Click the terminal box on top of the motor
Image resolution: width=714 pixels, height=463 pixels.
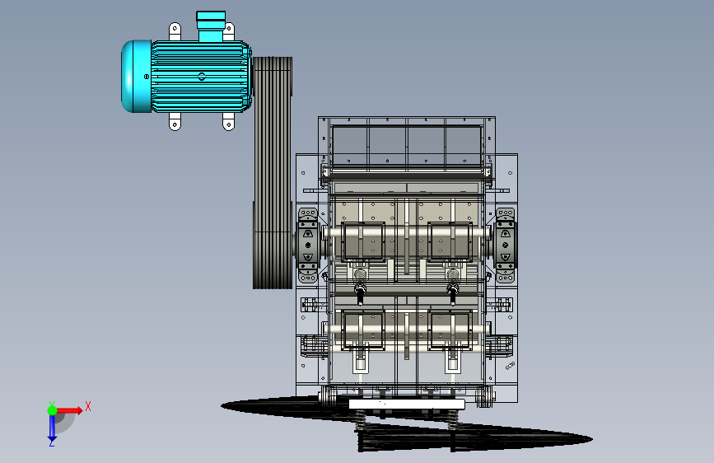pos(211,26)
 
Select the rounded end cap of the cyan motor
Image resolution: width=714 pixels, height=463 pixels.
pos(136,76)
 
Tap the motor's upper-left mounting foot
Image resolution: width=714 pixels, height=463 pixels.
pos(175,31)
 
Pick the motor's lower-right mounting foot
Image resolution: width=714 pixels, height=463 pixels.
pos(229,122)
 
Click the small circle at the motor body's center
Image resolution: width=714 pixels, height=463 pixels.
pos(202,77)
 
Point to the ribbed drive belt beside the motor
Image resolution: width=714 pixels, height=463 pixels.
pos(273,173)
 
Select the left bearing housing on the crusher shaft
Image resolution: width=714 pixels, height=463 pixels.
pos(308,246)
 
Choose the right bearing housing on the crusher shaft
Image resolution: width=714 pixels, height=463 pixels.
pos(505,246)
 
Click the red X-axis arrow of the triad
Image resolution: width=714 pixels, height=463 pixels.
pos(69,410)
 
